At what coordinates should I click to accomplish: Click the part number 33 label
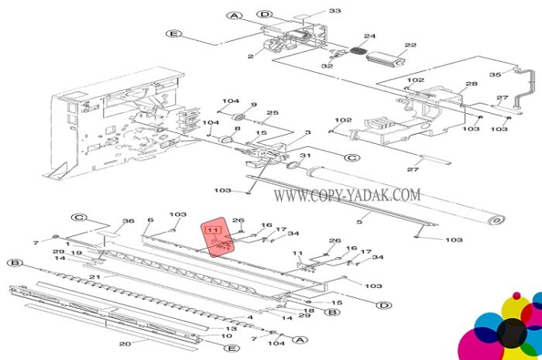point(334,11)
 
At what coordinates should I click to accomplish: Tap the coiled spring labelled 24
point(358,50)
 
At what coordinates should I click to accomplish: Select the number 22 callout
point(410,45)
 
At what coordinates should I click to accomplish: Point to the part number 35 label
point(495,74)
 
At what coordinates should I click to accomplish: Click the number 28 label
point(472,84)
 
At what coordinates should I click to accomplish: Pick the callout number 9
point(254,105)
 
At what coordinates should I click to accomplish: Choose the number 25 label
point(273,112)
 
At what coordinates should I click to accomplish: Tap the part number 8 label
point(237,129)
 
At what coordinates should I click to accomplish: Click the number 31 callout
point(305,156)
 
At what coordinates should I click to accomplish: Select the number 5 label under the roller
point(359,221)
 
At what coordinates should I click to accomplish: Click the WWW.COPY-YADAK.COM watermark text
point(347,195)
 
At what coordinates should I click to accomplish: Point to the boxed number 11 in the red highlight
point(213,230)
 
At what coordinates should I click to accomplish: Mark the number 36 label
point(129,221)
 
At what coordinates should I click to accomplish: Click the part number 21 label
point(95,276)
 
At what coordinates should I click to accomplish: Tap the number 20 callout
point(125,344)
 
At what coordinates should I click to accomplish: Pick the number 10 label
point(226,336)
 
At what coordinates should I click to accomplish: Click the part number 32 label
point(327,66)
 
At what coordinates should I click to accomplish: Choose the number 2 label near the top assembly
point(251,57)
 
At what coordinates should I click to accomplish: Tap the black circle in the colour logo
point(512,333)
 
